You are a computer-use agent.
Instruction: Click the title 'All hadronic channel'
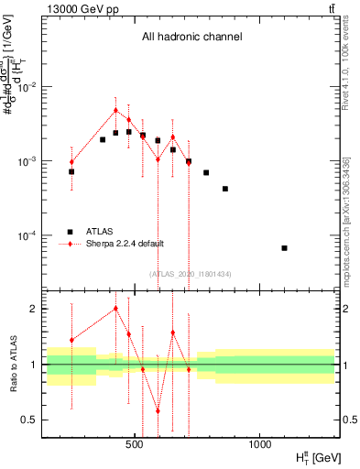click(x=191, y=38)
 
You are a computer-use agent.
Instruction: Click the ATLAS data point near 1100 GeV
click(x=284, y=248)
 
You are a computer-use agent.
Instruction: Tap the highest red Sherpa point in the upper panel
click(x=115, y=110)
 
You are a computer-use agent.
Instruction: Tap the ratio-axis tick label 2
click(x=35, y=309)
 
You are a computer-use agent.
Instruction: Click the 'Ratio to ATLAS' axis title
click(x=11, y=364)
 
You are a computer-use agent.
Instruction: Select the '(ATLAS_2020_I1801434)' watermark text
click(x=191, y=274)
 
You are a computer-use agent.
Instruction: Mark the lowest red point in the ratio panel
click(x=158, y=410)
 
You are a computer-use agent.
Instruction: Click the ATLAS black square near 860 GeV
click(x=225, y=189)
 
